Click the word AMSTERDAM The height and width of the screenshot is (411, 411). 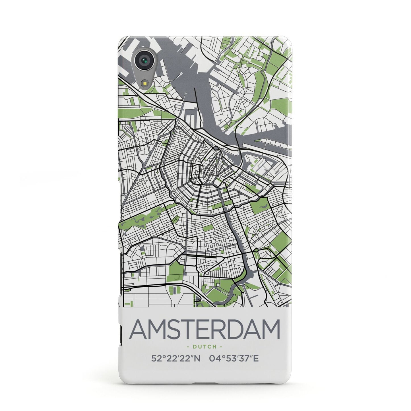pyautogui.click(x=205, y=330)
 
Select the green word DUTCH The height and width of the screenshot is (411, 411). pyautogui.click(x=205, y=347)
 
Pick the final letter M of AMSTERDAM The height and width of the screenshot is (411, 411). pyautogui.click(x=270, y=330)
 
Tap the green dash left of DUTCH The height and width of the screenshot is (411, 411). pyautogui.click(x=189, y=347)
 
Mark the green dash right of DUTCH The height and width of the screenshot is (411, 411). pyautogui.click(x=221, y=347)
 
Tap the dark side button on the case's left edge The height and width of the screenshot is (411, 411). pyautogui.click(x=120, y=332)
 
